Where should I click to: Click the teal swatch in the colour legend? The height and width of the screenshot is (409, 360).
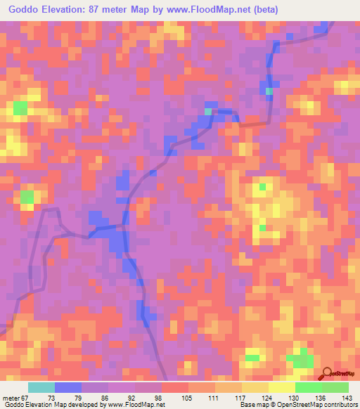41,388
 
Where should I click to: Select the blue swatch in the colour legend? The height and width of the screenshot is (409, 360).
68,388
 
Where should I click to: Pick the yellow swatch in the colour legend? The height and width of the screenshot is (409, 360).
281,388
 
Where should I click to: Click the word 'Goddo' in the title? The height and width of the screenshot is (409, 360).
20,10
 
